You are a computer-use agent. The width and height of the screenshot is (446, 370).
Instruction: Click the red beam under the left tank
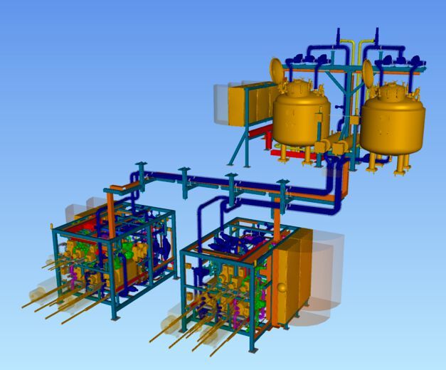coord(280,152)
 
